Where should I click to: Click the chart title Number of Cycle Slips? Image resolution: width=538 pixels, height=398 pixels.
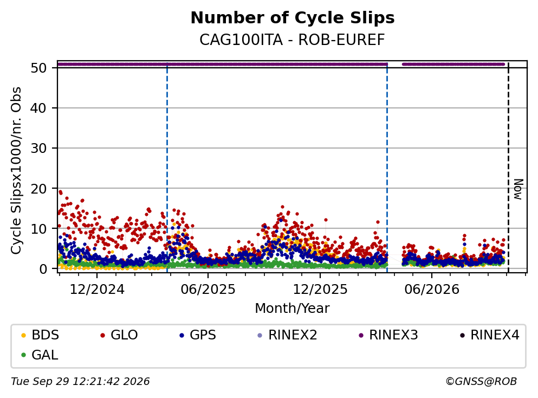[x=293, y=18]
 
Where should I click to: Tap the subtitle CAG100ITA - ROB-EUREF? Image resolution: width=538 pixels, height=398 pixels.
[x=293, y=40]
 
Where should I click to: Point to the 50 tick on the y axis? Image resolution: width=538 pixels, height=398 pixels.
[x=38, y=68]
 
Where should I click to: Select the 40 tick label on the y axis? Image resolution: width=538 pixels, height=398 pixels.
[x=38, y=108]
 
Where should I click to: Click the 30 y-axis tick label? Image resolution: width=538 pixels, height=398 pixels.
[x=38, y=149]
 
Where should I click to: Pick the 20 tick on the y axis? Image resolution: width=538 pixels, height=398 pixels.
[x=38, y=189]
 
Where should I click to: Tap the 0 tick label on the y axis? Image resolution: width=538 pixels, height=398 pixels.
[x=43, y=269]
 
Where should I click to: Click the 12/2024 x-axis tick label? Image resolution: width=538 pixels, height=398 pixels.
[x=97, y=290]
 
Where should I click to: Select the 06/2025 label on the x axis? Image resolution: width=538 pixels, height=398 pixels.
[x=208, y=290]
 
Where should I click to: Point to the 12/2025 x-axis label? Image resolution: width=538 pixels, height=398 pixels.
[x=320, y=290]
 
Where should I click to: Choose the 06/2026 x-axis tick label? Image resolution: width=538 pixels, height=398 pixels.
[x=432, y=290]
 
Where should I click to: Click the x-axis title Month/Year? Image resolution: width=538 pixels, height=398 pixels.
[x=293, y=309]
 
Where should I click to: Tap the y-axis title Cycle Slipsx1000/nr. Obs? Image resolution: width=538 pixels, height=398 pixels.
[x=16, y=171]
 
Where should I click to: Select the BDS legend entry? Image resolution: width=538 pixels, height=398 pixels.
[x=40, y=335]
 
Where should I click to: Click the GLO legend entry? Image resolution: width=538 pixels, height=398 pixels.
[x=119, y=335]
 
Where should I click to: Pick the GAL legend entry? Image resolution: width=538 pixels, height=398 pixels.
[x=40, y=355]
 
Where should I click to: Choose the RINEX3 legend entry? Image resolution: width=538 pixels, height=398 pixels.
[x=388, y=335]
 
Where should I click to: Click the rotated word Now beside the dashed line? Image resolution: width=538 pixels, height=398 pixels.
[x=518, y=189]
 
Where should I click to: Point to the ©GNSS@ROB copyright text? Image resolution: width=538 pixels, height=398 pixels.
[x=481, y=382]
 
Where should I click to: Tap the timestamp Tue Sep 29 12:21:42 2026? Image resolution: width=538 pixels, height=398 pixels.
[x=80, y=382]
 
